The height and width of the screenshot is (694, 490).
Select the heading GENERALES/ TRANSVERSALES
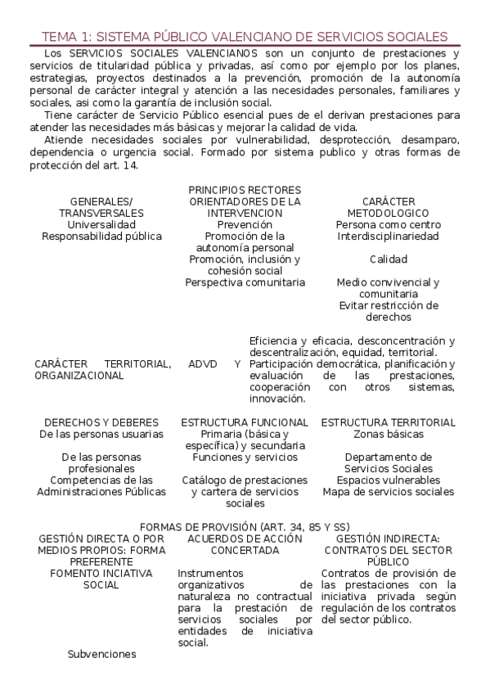tap(101, 207)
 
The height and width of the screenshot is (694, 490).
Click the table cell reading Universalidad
tap(101, 224)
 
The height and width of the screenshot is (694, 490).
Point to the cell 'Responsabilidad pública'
tap(101, 236)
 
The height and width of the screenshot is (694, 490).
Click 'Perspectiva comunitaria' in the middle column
tap(245, 282)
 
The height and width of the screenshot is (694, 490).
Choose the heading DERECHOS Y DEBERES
tap(101, 422)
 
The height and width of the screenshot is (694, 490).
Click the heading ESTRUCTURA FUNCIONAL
tap(245, 422)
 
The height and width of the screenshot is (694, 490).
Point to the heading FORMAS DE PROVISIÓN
tap(245, 527)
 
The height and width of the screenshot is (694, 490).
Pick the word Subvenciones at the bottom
tap(101, 654)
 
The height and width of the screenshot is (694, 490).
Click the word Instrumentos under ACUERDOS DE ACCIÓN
tap(210, 573)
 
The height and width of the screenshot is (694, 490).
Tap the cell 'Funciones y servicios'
tap(245, 457)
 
